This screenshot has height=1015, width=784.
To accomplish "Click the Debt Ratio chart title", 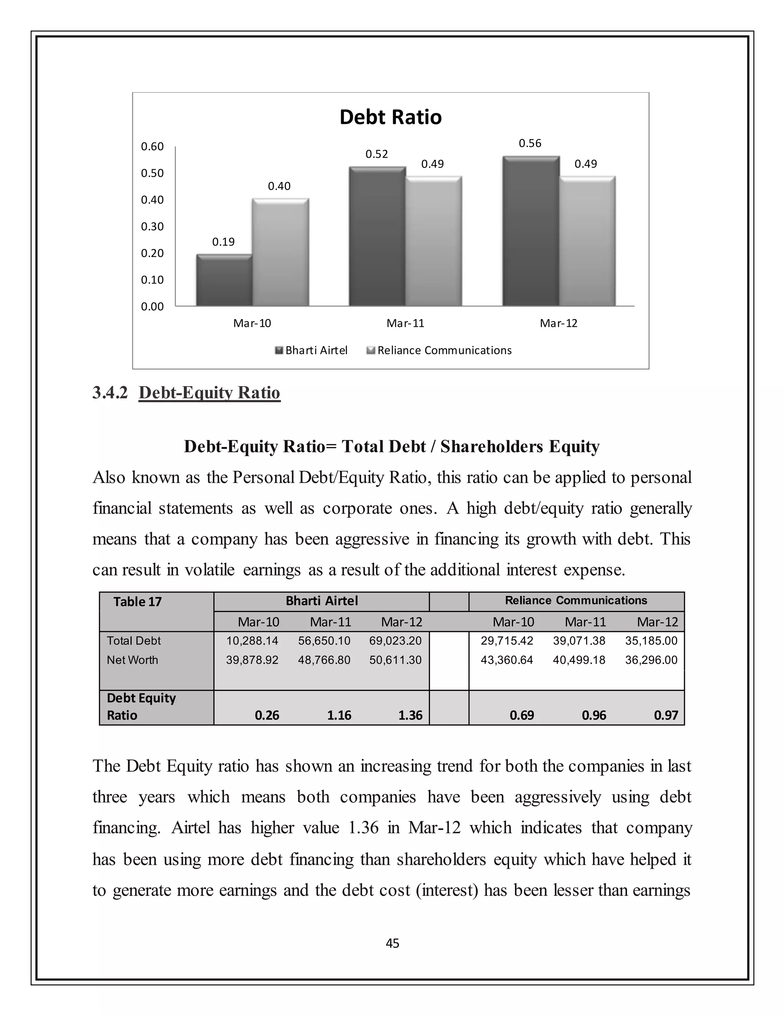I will click(x=390, y=117).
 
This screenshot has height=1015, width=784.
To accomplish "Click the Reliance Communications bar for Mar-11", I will click(x=433, y=241).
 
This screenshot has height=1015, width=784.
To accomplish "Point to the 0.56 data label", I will click(x=530, y=143).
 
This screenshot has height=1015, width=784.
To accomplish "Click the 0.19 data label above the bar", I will click(x=224, y=242).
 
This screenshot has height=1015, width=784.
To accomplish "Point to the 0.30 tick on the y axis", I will click(x=152, y=226).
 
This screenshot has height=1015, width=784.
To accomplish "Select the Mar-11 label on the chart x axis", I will click(x=405, y=323).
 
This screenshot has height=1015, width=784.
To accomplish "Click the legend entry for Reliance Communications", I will click(x=444, y=350).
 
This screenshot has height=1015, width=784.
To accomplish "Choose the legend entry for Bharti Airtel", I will click(x=316, y=350).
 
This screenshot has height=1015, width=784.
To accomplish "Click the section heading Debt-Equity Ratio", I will click(x=209, y=393).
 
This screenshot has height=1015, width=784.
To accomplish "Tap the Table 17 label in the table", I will click(x=137, y=602).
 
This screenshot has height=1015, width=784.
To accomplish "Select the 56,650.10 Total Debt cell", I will click(x=324, y=641).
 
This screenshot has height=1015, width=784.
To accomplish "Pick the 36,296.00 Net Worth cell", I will click(x=651, y=660).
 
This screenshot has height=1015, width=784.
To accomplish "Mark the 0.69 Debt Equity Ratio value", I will click(x=522, y=715).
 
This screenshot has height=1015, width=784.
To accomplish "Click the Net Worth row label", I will click(x=132, y=660).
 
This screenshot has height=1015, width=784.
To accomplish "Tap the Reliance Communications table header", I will click(x=576, y=601).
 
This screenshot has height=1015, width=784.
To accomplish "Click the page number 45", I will click(x=392, y=943).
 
